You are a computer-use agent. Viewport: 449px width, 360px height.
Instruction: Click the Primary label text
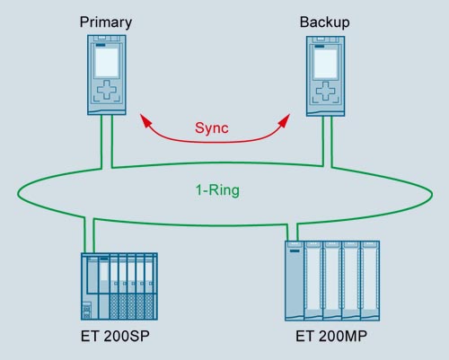(x=106, y=22)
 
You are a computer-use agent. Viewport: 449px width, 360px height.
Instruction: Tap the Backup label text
(x=325, y=22)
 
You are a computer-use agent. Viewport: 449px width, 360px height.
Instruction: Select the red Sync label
(x=212, y=128)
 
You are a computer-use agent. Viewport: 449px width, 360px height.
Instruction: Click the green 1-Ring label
(x=217, y=190)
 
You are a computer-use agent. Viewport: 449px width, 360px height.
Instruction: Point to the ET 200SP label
(x=115, y=336)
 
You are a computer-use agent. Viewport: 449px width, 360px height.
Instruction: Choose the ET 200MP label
(x=331, y=336)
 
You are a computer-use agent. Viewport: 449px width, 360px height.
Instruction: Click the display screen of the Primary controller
(x=107, y=63)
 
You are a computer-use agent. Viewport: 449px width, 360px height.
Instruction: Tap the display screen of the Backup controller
(x=325, y=64)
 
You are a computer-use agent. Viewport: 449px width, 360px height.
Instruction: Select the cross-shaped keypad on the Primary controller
(x=107, y=90)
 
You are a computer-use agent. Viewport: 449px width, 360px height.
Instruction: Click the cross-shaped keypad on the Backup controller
(x=325, y=91)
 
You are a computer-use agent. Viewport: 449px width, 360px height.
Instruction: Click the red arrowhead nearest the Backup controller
(x=285, y=120)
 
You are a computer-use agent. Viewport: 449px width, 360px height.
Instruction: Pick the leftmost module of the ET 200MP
(x=295, y=281)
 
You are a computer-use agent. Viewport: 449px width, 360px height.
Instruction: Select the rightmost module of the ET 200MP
(x=370, y=281)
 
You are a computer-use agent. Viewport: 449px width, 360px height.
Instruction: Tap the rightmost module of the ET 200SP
(x=151, y=286)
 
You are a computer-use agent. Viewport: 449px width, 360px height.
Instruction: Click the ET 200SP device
(x=119, y=286)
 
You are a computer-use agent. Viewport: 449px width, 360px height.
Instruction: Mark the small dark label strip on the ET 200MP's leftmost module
(x=295, y=250)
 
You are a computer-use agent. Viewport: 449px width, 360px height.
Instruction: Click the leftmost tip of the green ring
(x=18, y=195)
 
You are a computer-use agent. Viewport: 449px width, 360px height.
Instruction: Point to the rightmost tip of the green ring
(x=432, y=195)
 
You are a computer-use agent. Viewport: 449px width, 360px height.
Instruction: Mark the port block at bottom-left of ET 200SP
(x=86, y=311)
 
